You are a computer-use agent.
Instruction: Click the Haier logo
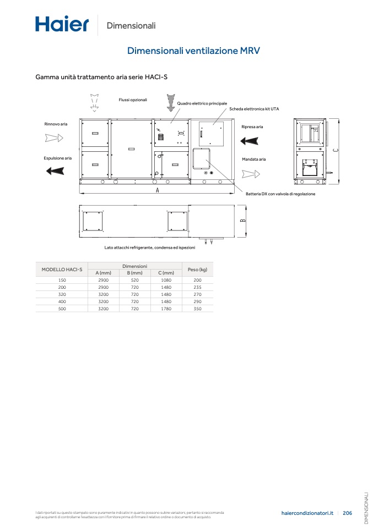tap(62, 24)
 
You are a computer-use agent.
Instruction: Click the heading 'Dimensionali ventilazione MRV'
tap(193, 51)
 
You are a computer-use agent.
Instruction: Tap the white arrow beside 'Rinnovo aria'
tap(54, 138)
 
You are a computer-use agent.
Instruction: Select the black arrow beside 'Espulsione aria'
tap(55, 171)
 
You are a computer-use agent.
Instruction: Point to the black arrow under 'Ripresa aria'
tap(249, 140)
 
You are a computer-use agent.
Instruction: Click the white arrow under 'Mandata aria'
tap(251, 174)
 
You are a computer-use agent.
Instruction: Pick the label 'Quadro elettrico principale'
tap(202, 103)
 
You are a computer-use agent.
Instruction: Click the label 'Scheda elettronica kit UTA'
tap(254, 109)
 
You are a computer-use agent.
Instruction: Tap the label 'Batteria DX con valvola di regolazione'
tap(280, 194)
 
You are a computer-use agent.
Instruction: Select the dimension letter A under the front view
tap(157, 190)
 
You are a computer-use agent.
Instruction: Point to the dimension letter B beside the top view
tap(243, 221)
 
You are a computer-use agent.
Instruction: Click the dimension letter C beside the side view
tap(336, 150)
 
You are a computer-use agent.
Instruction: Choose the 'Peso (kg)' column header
tap(198, 270)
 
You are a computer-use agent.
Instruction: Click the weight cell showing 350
tap(198, 309)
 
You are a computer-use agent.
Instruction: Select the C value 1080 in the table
tap(166, 280)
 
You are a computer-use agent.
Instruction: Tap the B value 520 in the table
tap(134, 280)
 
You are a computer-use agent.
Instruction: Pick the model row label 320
tap(62, 294)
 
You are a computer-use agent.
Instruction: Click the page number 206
tap(348, 513)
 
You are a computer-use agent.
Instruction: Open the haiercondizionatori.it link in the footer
tap(307, 513)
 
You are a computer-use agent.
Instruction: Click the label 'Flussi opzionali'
tap(133, 100)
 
